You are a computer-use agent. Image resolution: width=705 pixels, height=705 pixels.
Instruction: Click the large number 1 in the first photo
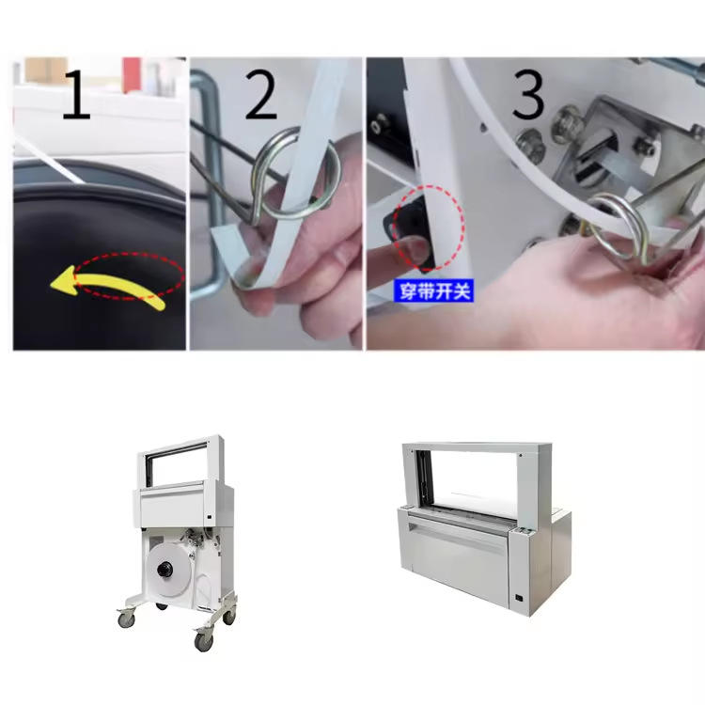click(x=76, y=94)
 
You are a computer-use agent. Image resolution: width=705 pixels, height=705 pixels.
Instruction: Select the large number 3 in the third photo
click(x=528, y=94)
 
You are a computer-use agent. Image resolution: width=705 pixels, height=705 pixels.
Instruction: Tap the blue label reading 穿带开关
click(x=434, y=291)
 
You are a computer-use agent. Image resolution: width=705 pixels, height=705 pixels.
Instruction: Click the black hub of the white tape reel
click(x=165, y=571)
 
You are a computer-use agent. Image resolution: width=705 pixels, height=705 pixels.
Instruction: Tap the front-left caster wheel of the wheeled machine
click(x=126, y=619)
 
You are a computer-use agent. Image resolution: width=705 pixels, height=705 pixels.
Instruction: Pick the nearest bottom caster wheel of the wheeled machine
click(x=203, y=641)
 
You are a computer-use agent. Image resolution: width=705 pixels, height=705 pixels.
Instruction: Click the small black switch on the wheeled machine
click(x=210, y=518)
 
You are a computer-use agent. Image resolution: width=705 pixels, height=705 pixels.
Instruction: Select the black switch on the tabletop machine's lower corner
click(x=519, y=599)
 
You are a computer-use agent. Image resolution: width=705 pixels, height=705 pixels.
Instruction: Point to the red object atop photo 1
click(x=132, y=74)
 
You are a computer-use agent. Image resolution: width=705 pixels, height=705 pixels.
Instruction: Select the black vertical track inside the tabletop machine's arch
click(x=423, y=479)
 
